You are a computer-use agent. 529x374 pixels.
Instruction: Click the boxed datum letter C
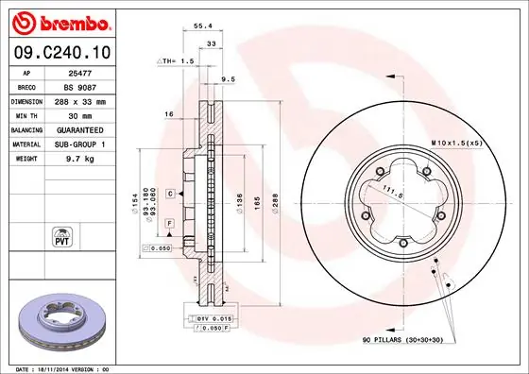coord(169,193)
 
